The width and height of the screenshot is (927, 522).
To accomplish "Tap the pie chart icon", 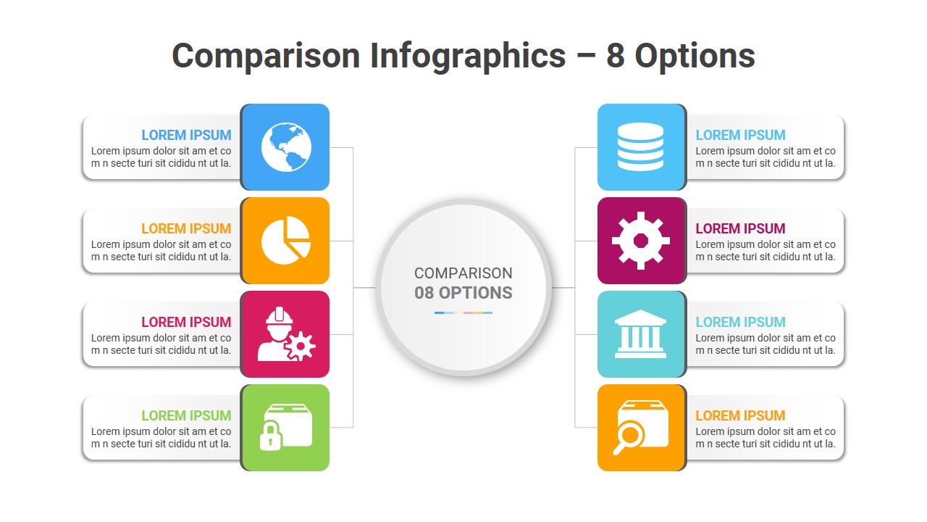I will click(x=285, y=241).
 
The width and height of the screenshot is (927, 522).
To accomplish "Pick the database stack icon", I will click(x=640, y=147).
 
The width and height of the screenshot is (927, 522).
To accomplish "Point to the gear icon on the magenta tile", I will click(x=640, y=241).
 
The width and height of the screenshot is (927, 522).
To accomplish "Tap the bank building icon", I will click(x=640, y=334).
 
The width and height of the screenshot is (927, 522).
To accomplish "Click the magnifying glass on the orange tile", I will click(x=628, y=436).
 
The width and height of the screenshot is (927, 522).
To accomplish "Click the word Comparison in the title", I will click(x=265, y=56).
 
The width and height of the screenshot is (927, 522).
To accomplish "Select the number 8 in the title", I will click(x=615, y=56).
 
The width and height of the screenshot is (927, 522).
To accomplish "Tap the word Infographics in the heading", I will click(x=468, y=56).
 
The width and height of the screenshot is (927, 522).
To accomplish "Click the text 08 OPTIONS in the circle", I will click(x=463, y=293).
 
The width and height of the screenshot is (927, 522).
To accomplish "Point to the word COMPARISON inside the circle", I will click(x=463, y=273).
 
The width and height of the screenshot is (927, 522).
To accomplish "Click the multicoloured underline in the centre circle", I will click(x=463, y=312).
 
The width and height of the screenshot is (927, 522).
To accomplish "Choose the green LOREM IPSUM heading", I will click(x=186, y=415).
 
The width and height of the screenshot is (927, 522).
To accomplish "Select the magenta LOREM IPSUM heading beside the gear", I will click(x=740, y=228).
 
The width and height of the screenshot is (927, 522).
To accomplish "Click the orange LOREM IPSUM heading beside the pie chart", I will click(x=186, y=228).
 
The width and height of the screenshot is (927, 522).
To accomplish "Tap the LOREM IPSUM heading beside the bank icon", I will click(x=740, y=322).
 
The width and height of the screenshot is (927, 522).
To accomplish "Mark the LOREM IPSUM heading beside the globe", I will click(x=186, y=135).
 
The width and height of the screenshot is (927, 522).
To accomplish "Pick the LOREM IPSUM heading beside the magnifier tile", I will click(x=740, y=415).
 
